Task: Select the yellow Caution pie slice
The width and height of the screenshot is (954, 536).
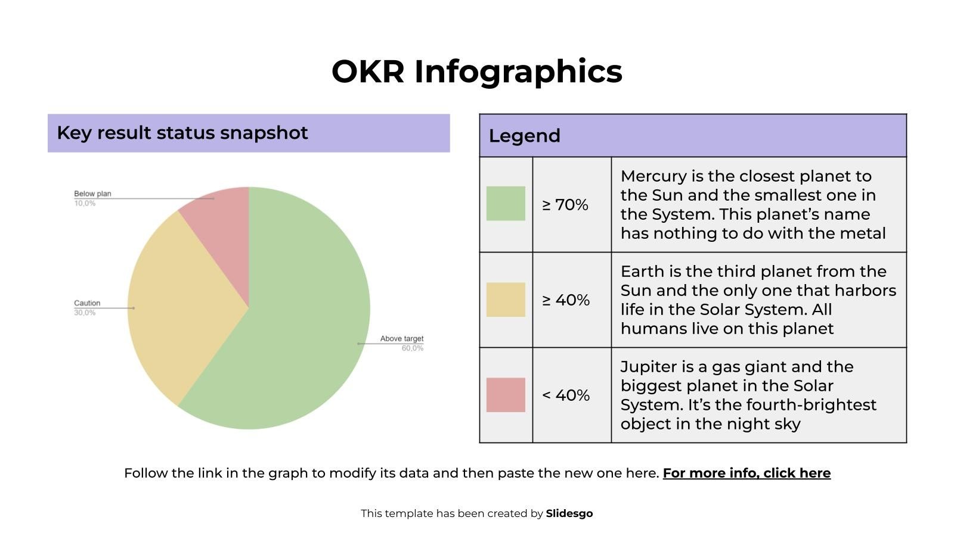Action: point(179,304)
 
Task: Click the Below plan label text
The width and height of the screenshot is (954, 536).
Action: point(92,194)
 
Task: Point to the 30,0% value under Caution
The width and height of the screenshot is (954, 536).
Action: point(85,313)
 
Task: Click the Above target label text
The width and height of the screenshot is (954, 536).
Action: point(402,338)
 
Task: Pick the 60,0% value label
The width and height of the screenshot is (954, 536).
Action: point(412,348)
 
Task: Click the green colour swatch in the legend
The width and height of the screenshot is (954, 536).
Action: point(506,204)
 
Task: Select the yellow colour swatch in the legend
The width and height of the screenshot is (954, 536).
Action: point(506,300)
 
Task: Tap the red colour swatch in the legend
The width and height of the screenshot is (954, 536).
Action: point(506,395)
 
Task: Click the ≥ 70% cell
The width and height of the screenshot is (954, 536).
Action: point(565,205)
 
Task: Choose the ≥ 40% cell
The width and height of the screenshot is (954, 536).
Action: point(565,300)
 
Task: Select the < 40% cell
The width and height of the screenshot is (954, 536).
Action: point(565,395)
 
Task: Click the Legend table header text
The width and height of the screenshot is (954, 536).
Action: point(524,136)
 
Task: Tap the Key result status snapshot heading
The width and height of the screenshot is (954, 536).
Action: point(182,133)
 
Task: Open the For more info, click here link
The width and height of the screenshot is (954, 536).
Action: point(747,473)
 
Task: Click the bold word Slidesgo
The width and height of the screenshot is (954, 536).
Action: point(569,513)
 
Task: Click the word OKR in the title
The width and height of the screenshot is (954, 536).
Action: point(368,71)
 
